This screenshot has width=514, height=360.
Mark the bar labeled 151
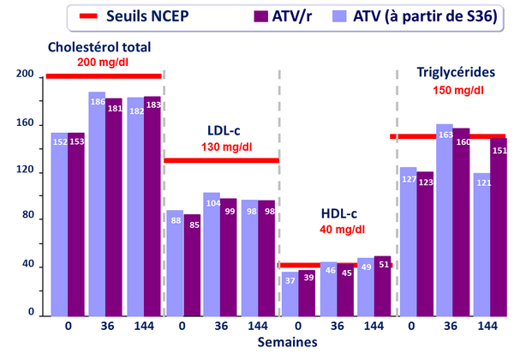[499, 227]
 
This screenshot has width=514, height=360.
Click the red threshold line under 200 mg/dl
[103, 76]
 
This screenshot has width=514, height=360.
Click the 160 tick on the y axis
[25, 124]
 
